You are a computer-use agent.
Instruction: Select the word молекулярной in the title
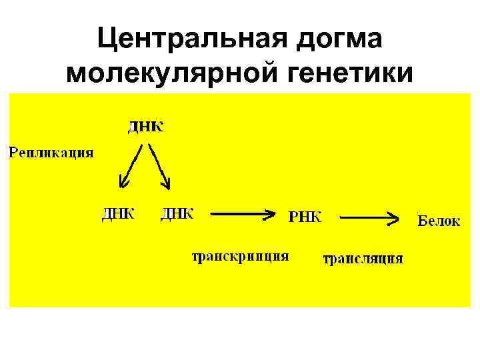coord(171,72)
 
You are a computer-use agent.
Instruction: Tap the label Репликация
coord(51,153)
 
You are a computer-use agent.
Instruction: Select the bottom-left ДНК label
coord(118,213)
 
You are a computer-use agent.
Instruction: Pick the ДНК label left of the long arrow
coord(177,213)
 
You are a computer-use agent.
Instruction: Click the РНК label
coord(305,216)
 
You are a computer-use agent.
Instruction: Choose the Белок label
coord(439,221)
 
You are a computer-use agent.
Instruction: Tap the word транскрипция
coord(241,257)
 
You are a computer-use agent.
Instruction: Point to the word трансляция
coord(363,259)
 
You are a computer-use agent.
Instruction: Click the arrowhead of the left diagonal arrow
coord(123,182)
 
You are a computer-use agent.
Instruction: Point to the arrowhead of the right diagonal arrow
coord(167,182)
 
